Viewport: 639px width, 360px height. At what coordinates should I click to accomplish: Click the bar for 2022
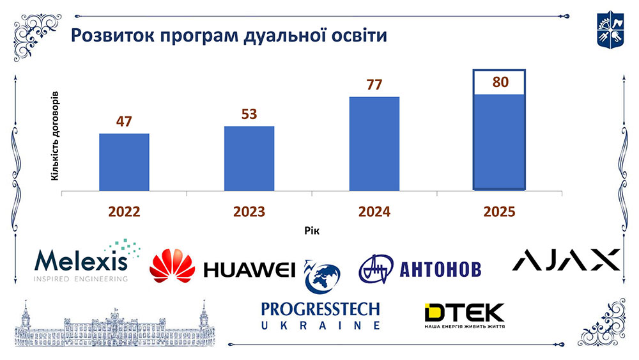(124, 162)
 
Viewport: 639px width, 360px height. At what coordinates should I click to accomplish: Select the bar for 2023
(249, 158)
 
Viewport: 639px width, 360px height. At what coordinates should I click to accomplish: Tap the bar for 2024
(374, 143)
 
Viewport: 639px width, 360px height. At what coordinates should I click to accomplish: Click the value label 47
(124, 121)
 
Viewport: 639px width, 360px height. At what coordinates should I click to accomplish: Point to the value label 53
(249, 114)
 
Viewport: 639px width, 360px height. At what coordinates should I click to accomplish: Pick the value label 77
(374, 85)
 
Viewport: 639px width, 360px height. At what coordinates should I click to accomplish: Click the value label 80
(499, 82)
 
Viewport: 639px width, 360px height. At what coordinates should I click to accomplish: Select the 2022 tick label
(124, 212)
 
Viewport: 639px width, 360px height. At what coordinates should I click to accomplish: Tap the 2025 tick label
(499, 212)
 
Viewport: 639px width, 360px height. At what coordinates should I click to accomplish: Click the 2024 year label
(374, 212)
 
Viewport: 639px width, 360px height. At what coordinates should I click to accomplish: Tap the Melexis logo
(82, 262)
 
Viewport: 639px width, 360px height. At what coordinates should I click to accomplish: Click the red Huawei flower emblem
(172, 267)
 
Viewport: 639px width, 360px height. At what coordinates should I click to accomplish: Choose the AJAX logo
(567, 260)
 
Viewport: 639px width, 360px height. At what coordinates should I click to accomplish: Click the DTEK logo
(465, 316)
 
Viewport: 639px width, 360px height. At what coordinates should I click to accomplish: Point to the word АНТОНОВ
(440, 269)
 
